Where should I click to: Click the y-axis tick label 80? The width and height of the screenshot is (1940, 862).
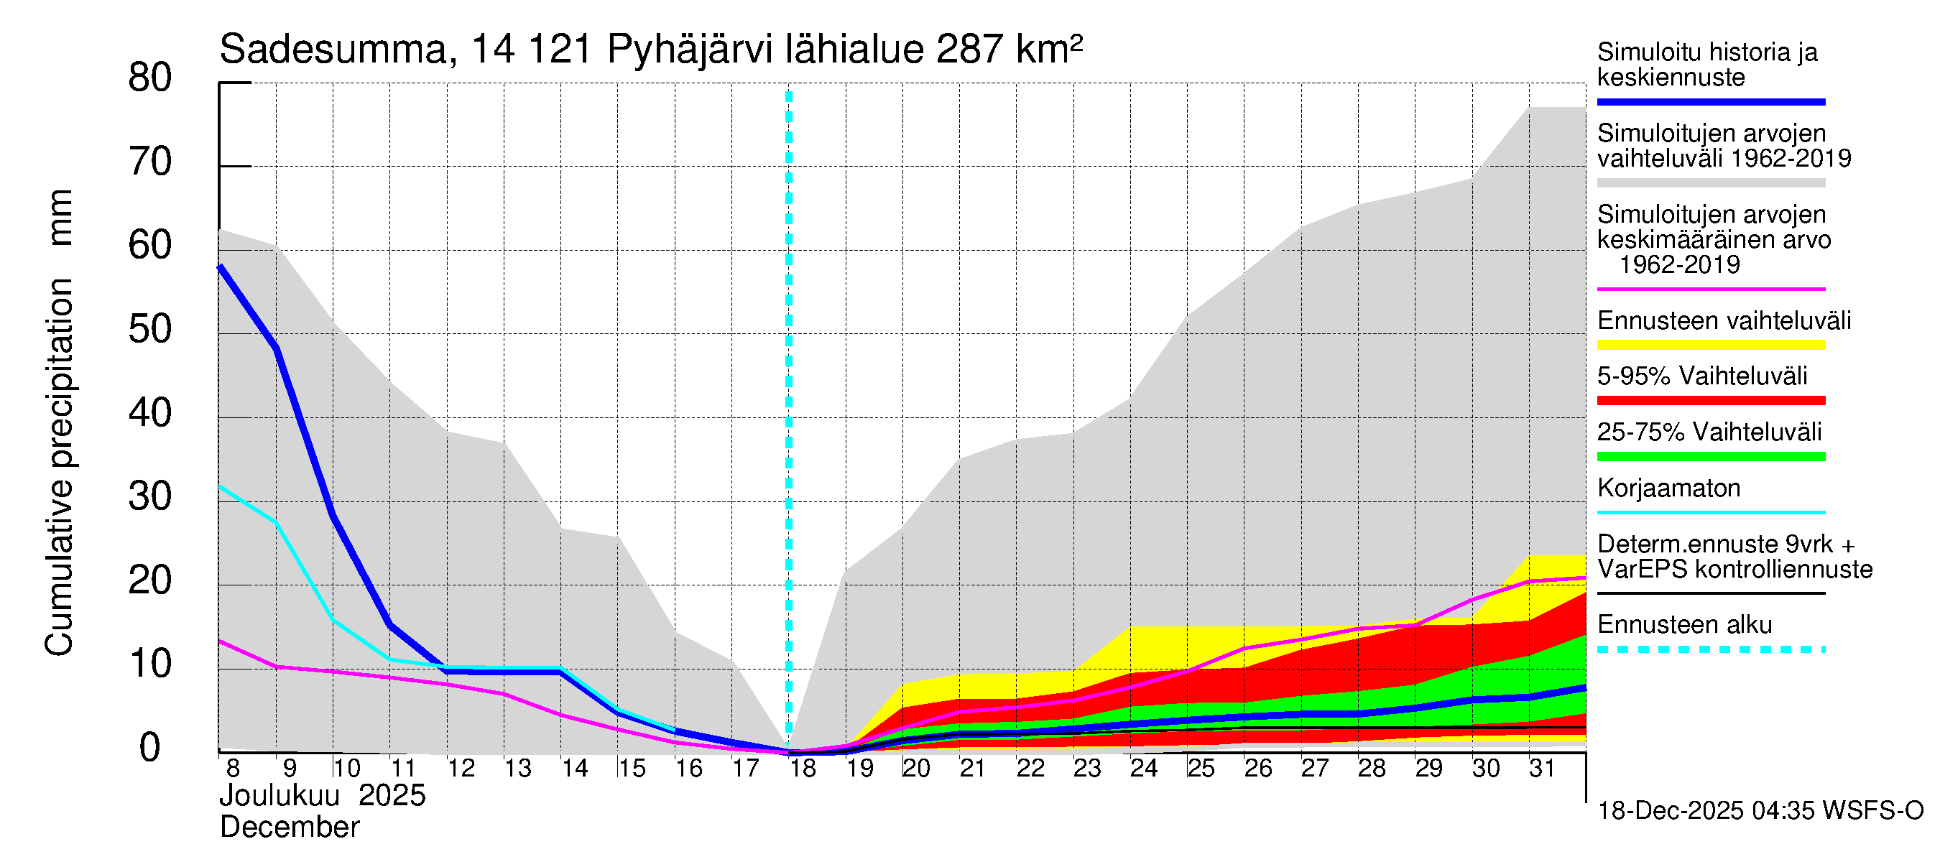click(x=150, y=78)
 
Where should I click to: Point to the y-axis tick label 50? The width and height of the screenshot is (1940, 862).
click(x=150, y=330)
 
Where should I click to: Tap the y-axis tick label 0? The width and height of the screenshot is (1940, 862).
click(x=150, y=749)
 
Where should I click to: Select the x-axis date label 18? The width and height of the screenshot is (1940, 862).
click(x=803, y=769)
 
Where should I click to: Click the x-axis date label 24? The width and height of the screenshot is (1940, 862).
click(x=1144, y=769)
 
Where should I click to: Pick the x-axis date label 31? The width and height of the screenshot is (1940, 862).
click(x=1543, y=769)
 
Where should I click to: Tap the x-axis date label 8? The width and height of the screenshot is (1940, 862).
click(x=233, y=769)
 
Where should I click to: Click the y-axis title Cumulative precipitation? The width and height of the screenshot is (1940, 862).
click(x=59, y=467)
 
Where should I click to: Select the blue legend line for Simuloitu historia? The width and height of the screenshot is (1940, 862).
click(x=1710, y=101)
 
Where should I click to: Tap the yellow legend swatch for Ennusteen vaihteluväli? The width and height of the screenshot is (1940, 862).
click(x=1710, y=346)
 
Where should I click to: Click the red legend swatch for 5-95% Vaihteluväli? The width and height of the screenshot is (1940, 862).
click(x=1710, y=401)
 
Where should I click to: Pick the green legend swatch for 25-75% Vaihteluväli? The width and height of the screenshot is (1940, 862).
click(x=1710, y=456)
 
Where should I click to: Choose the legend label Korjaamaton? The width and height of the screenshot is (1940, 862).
click(x=1668, y=488)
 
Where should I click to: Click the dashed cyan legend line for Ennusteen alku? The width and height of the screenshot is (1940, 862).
click(x=1710, y=649)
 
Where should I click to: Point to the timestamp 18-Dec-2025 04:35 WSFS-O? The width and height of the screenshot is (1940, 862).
click(x=1760, y=811)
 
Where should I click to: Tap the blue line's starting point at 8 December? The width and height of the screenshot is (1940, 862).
click(x=220, y=267)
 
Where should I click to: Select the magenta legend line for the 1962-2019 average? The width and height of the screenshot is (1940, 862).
click(x=1710, y=289)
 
